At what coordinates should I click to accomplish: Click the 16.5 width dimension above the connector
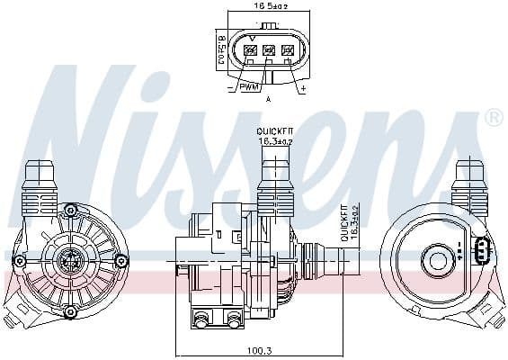[x=268, y=6]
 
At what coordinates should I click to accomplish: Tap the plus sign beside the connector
[x=302, y=88]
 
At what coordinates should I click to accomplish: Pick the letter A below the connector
[x=268, y=99]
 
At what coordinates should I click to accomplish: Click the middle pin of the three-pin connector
[x=268, y=50]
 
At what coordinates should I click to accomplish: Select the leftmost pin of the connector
[x=249, y=50]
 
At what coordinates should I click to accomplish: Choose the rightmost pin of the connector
[x=288, y=50]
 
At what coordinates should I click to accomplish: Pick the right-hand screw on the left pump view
[x=121, y=261]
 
